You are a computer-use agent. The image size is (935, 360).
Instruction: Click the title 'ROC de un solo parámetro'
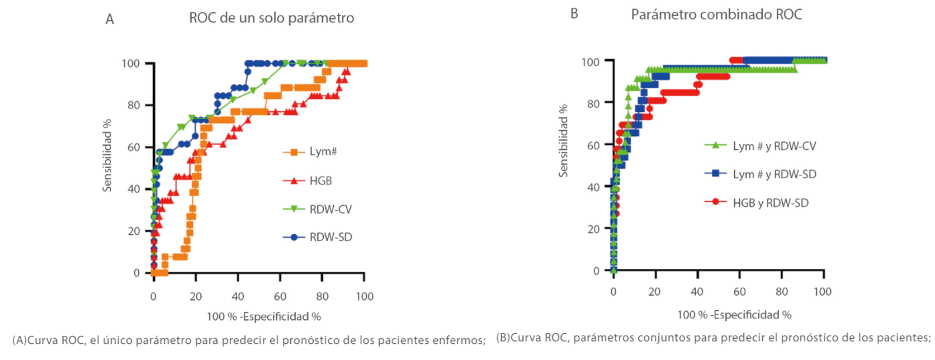[x=271, y=18]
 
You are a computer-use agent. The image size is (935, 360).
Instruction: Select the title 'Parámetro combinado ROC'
[x=716, y=14]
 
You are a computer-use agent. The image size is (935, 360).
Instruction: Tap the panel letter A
[x=110, y=20]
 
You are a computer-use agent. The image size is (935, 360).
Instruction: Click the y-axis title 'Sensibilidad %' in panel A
[x=107, y=155]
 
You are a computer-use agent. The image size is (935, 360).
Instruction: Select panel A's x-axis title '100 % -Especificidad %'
[x=264, y=317]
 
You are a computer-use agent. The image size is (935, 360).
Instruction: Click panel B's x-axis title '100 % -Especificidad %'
[x=734, y=315]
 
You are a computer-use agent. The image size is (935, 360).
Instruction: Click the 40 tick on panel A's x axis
[x=238, y=296]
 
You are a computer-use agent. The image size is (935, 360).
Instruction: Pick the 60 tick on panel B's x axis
[x=739, y=292]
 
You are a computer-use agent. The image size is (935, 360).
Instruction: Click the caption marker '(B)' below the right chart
[x=503, y=338]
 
